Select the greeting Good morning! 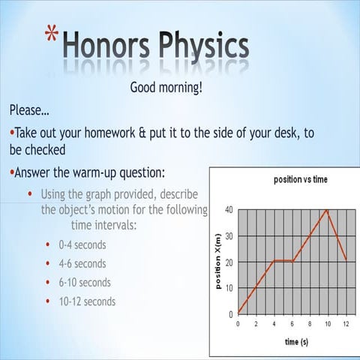coord(166,88)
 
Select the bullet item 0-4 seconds coord(82,245)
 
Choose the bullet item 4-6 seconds coord(82,264)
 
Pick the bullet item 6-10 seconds coord(85,283)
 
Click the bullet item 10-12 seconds coord(87,301)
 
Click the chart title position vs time coord(289,180)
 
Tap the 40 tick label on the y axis coord(228,209)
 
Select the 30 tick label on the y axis coord(228,235)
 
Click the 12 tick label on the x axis coord(344,324)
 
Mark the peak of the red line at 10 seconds coord(327,209)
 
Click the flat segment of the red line coord(283,261)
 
